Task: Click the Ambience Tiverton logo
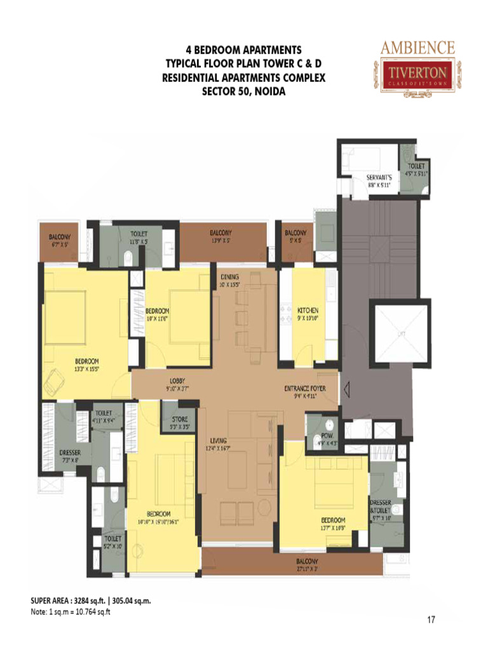coord(417,67)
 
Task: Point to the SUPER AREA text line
coord(90,599)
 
